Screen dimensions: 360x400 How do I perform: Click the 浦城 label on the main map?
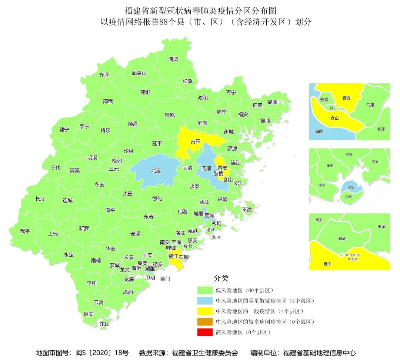pyautogui.click(x=173, y=59)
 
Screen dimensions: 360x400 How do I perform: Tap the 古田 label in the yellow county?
pyautogui.click(x=195, y=141)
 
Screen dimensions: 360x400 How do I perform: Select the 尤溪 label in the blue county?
pyautogui.click(x=156, y=171)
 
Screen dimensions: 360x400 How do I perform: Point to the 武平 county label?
pyautogui.click(x=25, y=231)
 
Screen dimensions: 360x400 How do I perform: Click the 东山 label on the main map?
pyautogui.click(x=105, y=324)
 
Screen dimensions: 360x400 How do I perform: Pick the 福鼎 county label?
pyautogui.click(x=272, y=102)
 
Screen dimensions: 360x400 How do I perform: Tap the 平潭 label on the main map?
pyautogui.click(x=247, y=209)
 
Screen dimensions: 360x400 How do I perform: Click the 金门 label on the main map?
pyautogui.click(x=165, y=279)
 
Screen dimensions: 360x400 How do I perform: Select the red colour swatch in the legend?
pyautogui.click(x=205, y=332)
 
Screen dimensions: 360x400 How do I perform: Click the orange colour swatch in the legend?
pyautogui.click(x=205, y=321)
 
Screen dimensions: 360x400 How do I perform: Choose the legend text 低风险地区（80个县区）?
pyautogui.click(x=244, y=290)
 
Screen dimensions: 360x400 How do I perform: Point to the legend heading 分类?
pyautogui.click(x=221, y=278)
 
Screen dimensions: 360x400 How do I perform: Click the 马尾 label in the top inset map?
pyautogui.click(x=370, y=105)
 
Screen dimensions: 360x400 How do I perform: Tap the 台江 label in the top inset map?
pyautogui.click(x=333, y=109)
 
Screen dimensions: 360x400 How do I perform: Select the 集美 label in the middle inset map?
pyautogui.click(x=330, y=166)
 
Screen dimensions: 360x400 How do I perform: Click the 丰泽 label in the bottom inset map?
pyautogui.click(x=381, y=226)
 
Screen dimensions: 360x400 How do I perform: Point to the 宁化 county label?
pyautogui.click(x=56, y=167)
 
